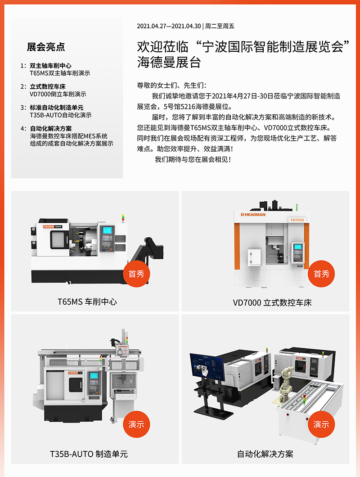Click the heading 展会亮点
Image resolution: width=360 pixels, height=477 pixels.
click(46, 47)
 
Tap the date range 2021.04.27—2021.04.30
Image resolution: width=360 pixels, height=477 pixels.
click(169, 26)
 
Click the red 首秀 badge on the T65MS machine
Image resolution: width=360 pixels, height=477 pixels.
click(136, 274)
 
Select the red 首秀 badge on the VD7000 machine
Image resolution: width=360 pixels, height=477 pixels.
click(321, 274)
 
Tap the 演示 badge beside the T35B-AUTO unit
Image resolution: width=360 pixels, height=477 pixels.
click(136, 424)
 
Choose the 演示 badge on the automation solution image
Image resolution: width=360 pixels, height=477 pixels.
click(321, 424)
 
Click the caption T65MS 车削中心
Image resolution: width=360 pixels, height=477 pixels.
click(87, 302)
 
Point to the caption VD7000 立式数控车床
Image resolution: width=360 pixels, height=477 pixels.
click(272, 303)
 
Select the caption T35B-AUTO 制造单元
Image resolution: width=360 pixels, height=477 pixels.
click(89, 454)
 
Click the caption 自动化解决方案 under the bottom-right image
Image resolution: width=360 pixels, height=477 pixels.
click(265, 454)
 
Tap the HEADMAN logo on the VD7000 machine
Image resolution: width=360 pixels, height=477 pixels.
click(253, 215)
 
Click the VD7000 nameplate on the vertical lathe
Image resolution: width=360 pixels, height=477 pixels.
click(297, 220)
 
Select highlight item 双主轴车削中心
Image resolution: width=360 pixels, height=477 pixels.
click(50, 66)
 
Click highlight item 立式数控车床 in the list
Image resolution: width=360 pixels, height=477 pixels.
click(48, 87)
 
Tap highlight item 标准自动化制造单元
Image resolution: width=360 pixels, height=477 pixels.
click(57, 108)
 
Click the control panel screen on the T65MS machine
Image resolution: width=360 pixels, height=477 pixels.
click(107, 230)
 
